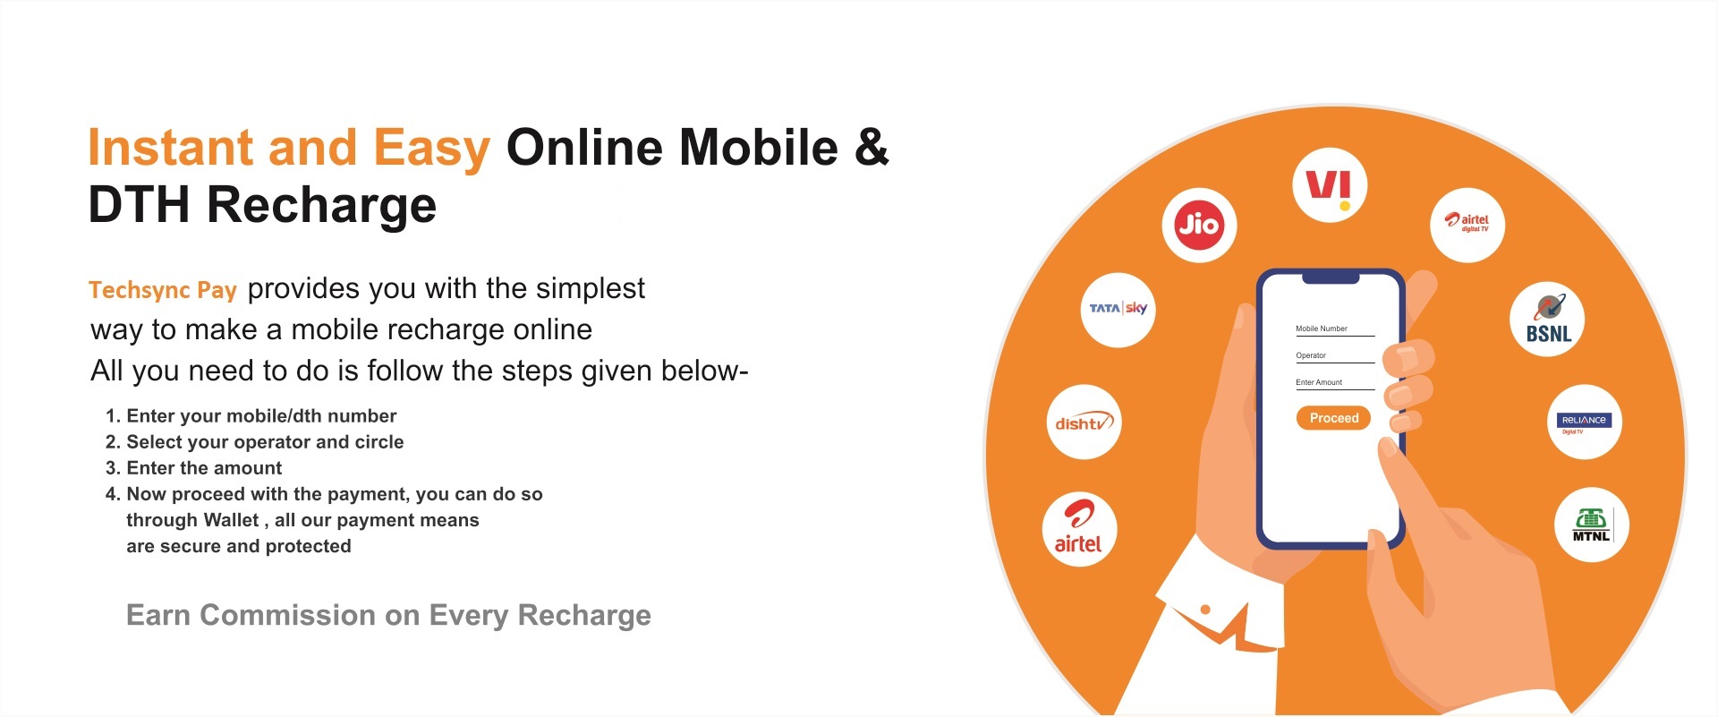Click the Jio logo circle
pyautogui.click(x=1199, y=225)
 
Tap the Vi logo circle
pyautogui.click(x=1330, y=185)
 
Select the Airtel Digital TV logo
pyautogui.click(x=1467, y=225)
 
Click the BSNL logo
pyautogui.click(x=1547, y=320)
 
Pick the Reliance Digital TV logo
pyautogui.click(x=1585, y=422)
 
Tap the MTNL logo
pyautogui.click(x=1592, y=525)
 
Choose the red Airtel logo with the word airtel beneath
pyautogui.click(x=1079, y=529)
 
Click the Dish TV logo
pyautogui.click(x=1084, y=422)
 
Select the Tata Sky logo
pyautogui.click(x=1118, y=310)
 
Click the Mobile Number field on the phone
pyautogui.click(x=1334, y=330)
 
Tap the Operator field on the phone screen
pyautogui.click(x=1334, y=357)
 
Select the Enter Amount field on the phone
pyautogui.click(x=1334, y=384)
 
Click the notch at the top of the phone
pyautogui.click(x=1331, y=278)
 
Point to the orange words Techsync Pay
pyautogui.click(x=163, y=290)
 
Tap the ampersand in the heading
pyautogui.click(x=872, y=148)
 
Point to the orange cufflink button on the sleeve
pyautogui.click(x=1205, y=610)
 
